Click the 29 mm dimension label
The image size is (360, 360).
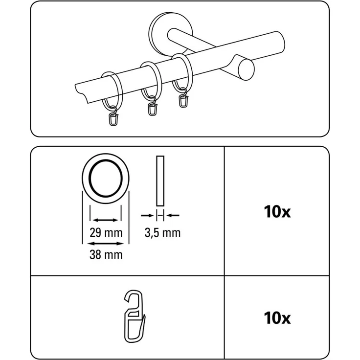[x=106, y=233]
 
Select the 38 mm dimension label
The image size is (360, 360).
[x=106, y=254]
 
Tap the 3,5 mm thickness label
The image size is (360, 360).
[x=162, y=233]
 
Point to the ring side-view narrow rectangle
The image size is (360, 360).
[x=160, y=181]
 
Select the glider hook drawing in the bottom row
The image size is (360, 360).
[x=135, y=318]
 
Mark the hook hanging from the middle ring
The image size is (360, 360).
[x=153, y=108]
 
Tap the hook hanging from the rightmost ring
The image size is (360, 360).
[x=184, y=99]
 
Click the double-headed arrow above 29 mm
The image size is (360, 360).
[x=106, y=221]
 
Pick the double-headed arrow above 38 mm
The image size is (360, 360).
[x=106, y=243]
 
